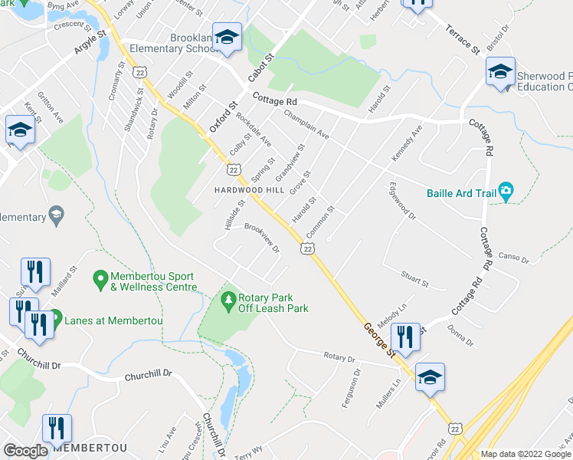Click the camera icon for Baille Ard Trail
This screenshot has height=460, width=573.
point(505,191)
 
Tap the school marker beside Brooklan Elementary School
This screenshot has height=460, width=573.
point(227,40)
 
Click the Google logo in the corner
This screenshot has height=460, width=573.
point(26,451)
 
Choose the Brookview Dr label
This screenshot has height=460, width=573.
point(262,238)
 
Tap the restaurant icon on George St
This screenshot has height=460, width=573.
point(404,337)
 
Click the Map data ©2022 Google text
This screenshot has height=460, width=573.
point(524,454)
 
